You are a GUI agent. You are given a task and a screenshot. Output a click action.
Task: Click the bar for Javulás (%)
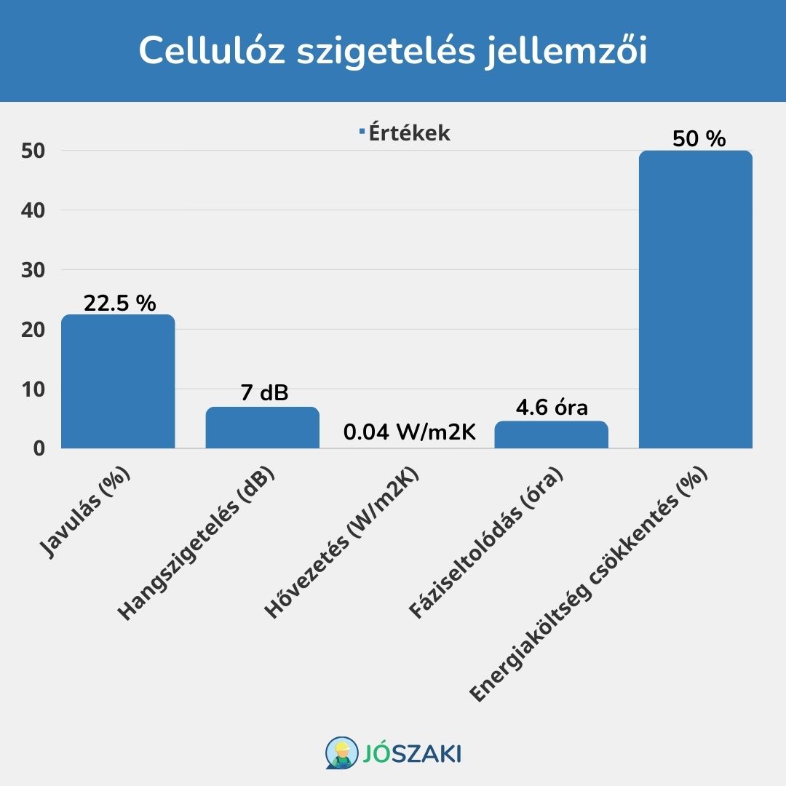tap(118, 381)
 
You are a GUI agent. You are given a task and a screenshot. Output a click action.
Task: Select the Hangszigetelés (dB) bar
tap(262, 428)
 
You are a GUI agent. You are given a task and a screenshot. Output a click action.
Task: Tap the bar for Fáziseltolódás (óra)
tap(551, 434)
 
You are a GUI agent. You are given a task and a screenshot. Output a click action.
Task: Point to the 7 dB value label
tap(264, 394)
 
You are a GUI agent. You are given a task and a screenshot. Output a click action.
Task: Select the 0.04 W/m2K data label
tap(409, 434)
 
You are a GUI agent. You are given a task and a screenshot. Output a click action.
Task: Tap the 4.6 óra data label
tap(552, 408)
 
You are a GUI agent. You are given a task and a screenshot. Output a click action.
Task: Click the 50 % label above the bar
tap(699, 138)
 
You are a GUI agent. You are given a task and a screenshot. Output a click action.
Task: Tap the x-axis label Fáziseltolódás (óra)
tap(488, 545)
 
